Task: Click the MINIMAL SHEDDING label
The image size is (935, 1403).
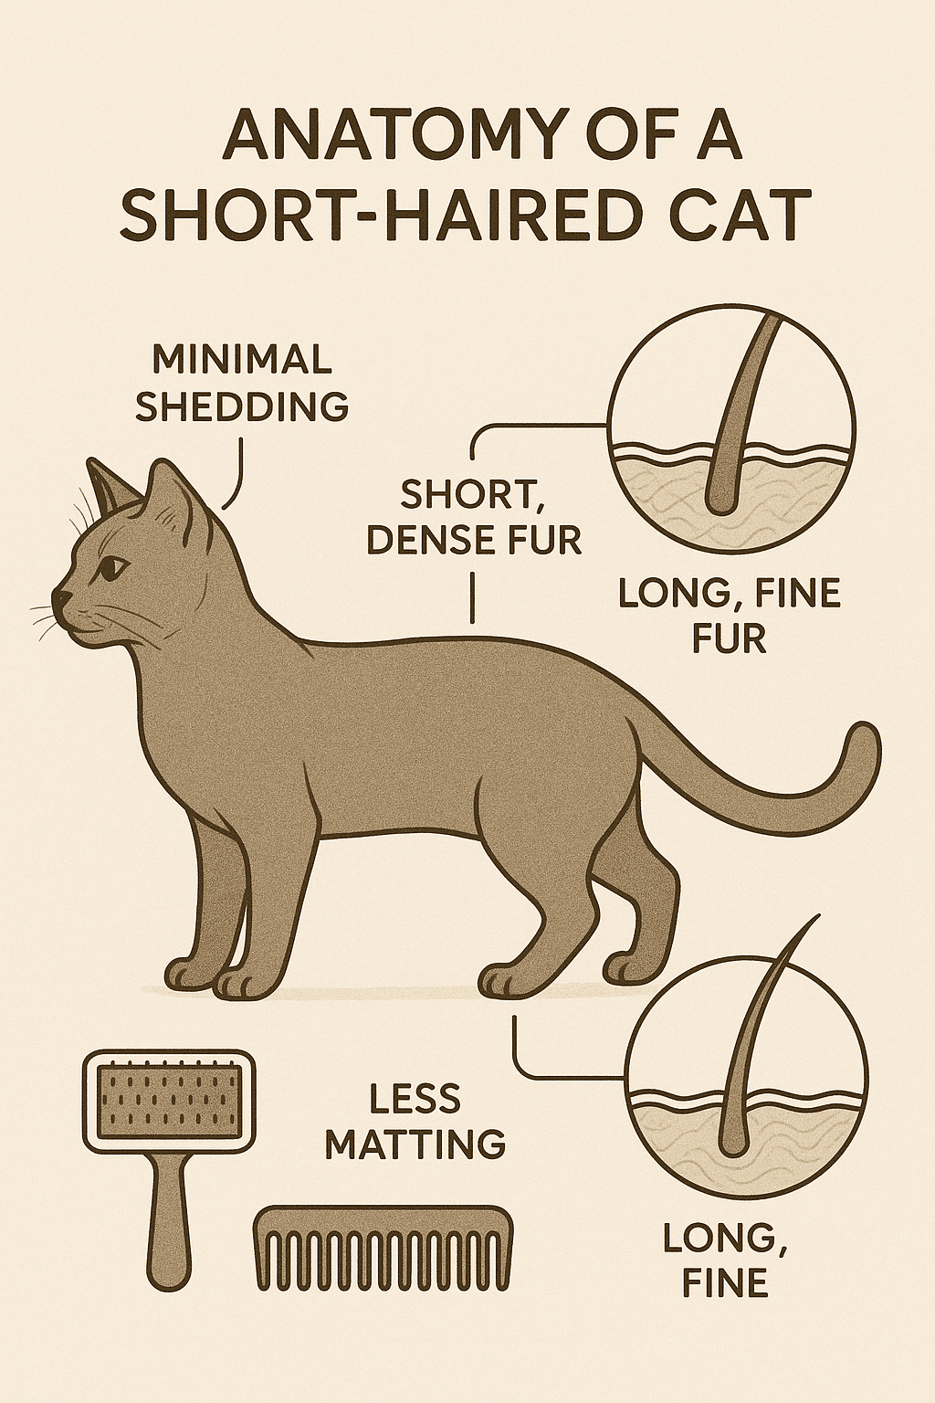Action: (x=242, y=384)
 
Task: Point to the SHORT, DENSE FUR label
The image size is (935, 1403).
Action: (x=474, y=517)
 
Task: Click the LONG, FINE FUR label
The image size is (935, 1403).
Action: (x=729, y=617)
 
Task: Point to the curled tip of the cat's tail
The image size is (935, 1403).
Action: (x=864, y=743)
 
